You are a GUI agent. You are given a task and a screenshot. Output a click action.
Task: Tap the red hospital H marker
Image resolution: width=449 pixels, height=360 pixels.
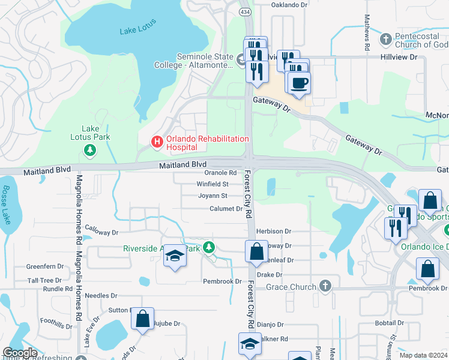coord(157,142)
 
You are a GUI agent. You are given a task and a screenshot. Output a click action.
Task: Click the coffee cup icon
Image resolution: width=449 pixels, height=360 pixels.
coord(298,83)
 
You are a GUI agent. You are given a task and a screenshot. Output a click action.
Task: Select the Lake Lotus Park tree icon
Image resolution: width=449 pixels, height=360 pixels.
coord(89,149)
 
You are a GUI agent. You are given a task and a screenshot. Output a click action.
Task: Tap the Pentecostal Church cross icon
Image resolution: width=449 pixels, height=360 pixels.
coord(386,40)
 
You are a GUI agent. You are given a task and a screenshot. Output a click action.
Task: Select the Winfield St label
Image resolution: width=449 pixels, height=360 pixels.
coord(212,184)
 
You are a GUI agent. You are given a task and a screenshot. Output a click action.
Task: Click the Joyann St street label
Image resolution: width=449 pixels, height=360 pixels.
coord(212,196)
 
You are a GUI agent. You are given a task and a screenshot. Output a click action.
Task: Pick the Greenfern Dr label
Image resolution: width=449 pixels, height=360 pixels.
coord(44,266)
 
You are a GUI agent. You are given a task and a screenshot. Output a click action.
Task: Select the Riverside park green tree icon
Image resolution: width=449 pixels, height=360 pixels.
coord(208,247)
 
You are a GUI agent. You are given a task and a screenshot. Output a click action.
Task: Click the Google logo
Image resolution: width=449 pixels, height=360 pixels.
coord(20,353)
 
